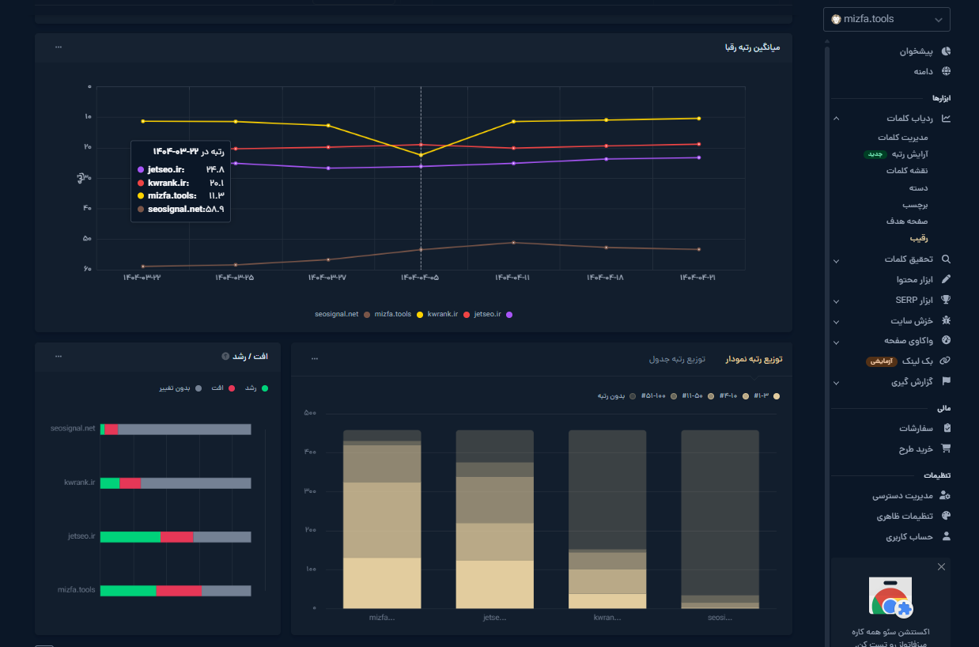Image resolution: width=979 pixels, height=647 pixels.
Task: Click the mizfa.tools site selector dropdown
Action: point(886,19)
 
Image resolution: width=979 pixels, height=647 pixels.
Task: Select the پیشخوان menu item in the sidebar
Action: point(917,51)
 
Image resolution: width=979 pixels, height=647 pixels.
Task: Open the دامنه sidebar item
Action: point(924,71)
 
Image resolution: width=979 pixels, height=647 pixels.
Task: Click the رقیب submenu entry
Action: point(918,238)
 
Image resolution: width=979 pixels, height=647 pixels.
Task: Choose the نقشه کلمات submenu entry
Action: point(908,171)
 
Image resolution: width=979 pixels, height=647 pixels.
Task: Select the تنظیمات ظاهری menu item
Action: point(905,516)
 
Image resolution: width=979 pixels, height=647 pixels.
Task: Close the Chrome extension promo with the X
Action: point(941,567)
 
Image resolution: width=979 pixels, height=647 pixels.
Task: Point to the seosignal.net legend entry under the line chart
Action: point(338,314)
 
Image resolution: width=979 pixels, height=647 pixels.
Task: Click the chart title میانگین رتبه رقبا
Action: point(752,47)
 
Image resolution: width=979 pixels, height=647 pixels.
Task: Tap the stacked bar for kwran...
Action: point(607,520)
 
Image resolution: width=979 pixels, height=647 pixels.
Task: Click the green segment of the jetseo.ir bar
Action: point(130,536)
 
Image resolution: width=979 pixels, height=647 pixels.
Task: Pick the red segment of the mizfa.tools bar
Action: point(179,590)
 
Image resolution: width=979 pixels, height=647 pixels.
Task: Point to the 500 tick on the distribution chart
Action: point(310,413)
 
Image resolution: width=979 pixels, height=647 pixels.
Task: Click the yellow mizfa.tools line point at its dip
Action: point(421,155)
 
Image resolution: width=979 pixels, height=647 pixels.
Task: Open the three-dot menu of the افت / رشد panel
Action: point(59,357)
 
